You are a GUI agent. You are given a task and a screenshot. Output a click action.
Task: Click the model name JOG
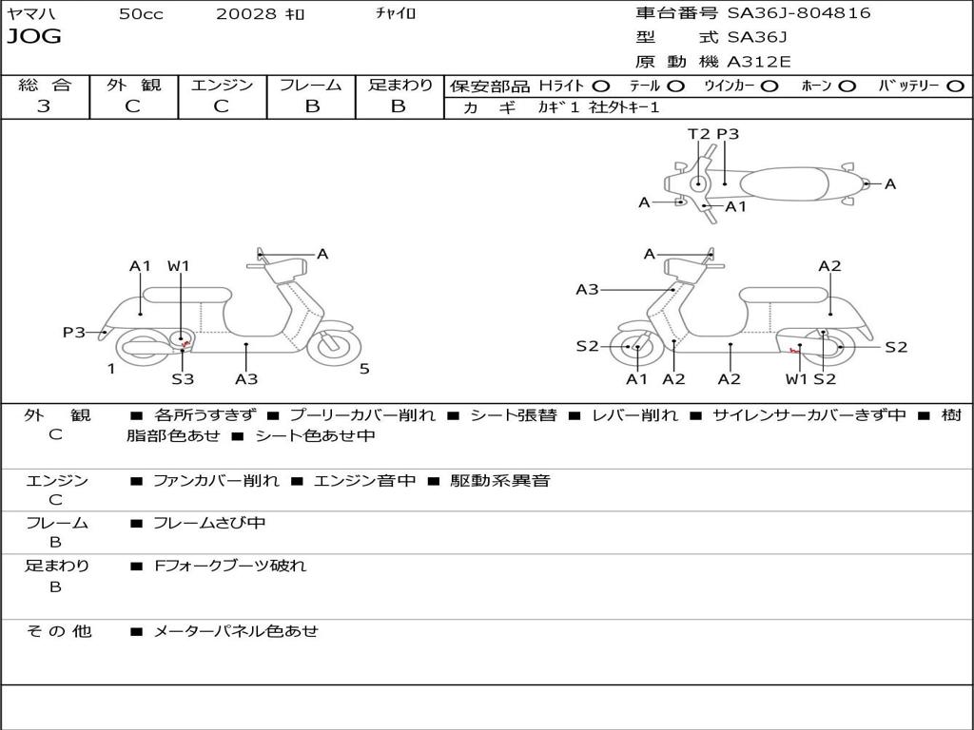tap(34, 37)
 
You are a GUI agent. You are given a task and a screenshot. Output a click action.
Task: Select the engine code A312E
tap(758, 63)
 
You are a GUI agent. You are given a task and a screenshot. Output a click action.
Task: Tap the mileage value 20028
tap(246, 14)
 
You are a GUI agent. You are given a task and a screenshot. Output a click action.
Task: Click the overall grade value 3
tap(44, 106)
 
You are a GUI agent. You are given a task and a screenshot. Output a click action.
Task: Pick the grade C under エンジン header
tap(221, 106)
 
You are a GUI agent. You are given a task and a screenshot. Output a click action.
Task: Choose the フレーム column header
tap(310, 85)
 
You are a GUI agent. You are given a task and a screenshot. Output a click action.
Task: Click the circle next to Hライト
tap(601, 86)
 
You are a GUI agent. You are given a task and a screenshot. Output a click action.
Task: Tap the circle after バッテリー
tap(955, 86)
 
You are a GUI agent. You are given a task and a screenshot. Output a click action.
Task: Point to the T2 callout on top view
tap(698, 134)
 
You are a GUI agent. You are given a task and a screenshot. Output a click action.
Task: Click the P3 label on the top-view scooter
tap(728, 134)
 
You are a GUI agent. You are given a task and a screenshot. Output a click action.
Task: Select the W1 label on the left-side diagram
tap(179, 266)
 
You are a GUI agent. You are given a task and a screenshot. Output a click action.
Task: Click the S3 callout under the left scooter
tap(183, 379)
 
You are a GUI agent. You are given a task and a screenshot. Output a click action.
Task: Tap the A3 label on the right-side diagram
tap(587, 290)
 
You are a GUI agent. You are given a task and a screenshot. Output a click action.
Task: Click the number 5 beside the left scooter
tap(364, 370)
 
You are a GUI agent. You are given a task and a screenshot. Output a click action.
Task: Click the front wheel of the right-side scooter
tap(635, 348)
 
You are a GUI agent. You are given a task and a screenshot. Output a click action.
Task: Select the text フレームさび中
tap(209, 523)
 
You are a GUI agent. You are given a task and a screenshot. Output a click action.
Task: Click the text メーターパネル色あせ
tap(236, 631)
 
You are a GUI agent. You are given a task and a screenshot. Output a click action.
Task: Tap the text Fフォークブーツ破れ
tap(230, 566)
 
